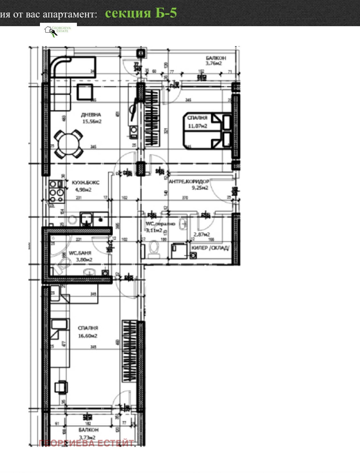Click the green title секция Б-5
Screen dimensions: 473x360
(141, 13)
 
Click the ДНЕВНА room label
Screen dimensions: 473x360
(91, 115)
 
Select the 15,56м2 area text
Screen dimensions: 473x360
(92, 122)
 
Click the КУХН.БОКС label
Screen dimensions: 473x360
(85, 182)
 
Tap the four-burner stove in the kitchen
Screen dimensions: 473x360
(57, 192)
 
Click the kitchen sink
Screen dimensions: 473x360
(86, 219)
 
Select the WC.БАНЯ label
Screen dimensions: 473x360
(80, 253)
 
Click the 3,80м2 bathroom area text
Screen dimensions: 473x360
(84, 260)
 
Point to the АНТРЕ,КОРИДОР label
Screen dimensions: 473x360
(189, 181)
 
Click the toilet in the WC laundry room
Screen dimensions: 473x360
(154, 249)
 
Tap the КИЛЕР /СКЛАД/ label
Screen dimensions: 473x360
(210, 248)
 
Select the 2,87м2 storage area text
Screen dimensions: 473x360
(202, 234)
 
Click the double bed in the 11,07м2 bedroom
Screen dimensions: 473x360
(207, 130)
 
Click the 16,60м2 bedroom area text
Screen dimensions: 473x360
(88, 336)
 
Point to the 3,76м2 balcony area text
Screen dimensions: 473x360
(214, 63)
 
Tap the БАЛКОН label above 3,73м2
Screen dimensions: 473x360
(88, 430)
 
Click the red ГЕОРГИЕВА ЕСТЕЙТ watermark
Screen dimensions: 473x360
(86, 443)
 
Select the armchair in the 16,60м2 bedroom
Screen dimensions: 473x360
(61, 387)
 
